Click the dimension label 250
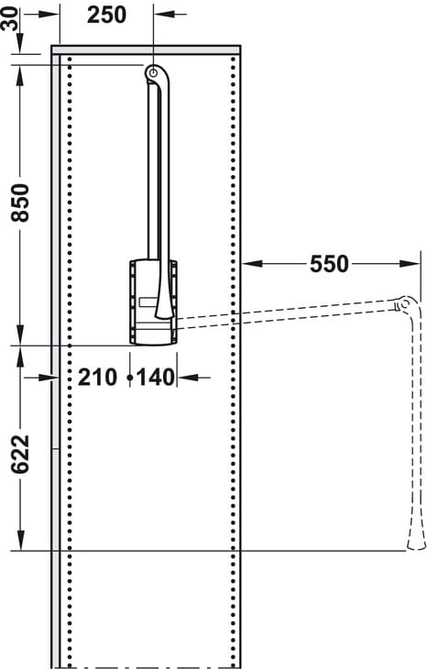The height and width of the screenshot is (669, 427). pyautogui.click(x=106, y=16)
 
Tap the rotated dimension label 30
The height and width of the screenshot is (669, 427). pyautogui.click(x=10, y=19)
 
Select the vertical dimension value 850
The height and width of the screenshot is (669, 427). pyautogui.click(x=20, y=203)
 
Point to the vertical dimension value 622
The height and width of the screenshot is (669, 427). pyautogui.click(x=20, y=455)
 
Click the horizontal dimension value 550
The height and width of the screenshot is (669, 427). pyautogui.click(x=329, y=264)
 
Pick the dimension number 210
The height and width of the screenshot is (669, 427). pyautogui.click(x=97, y=378)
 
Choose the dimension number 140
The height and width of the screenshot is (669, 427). pyautogui.click(x=156, y=378)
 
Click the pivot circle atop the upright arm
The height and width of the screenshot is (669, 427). pyautogui.click(x=153, y=73)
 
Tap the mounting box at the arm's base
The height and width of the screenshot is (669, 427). pyautogui.click(x=153, y=302)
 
